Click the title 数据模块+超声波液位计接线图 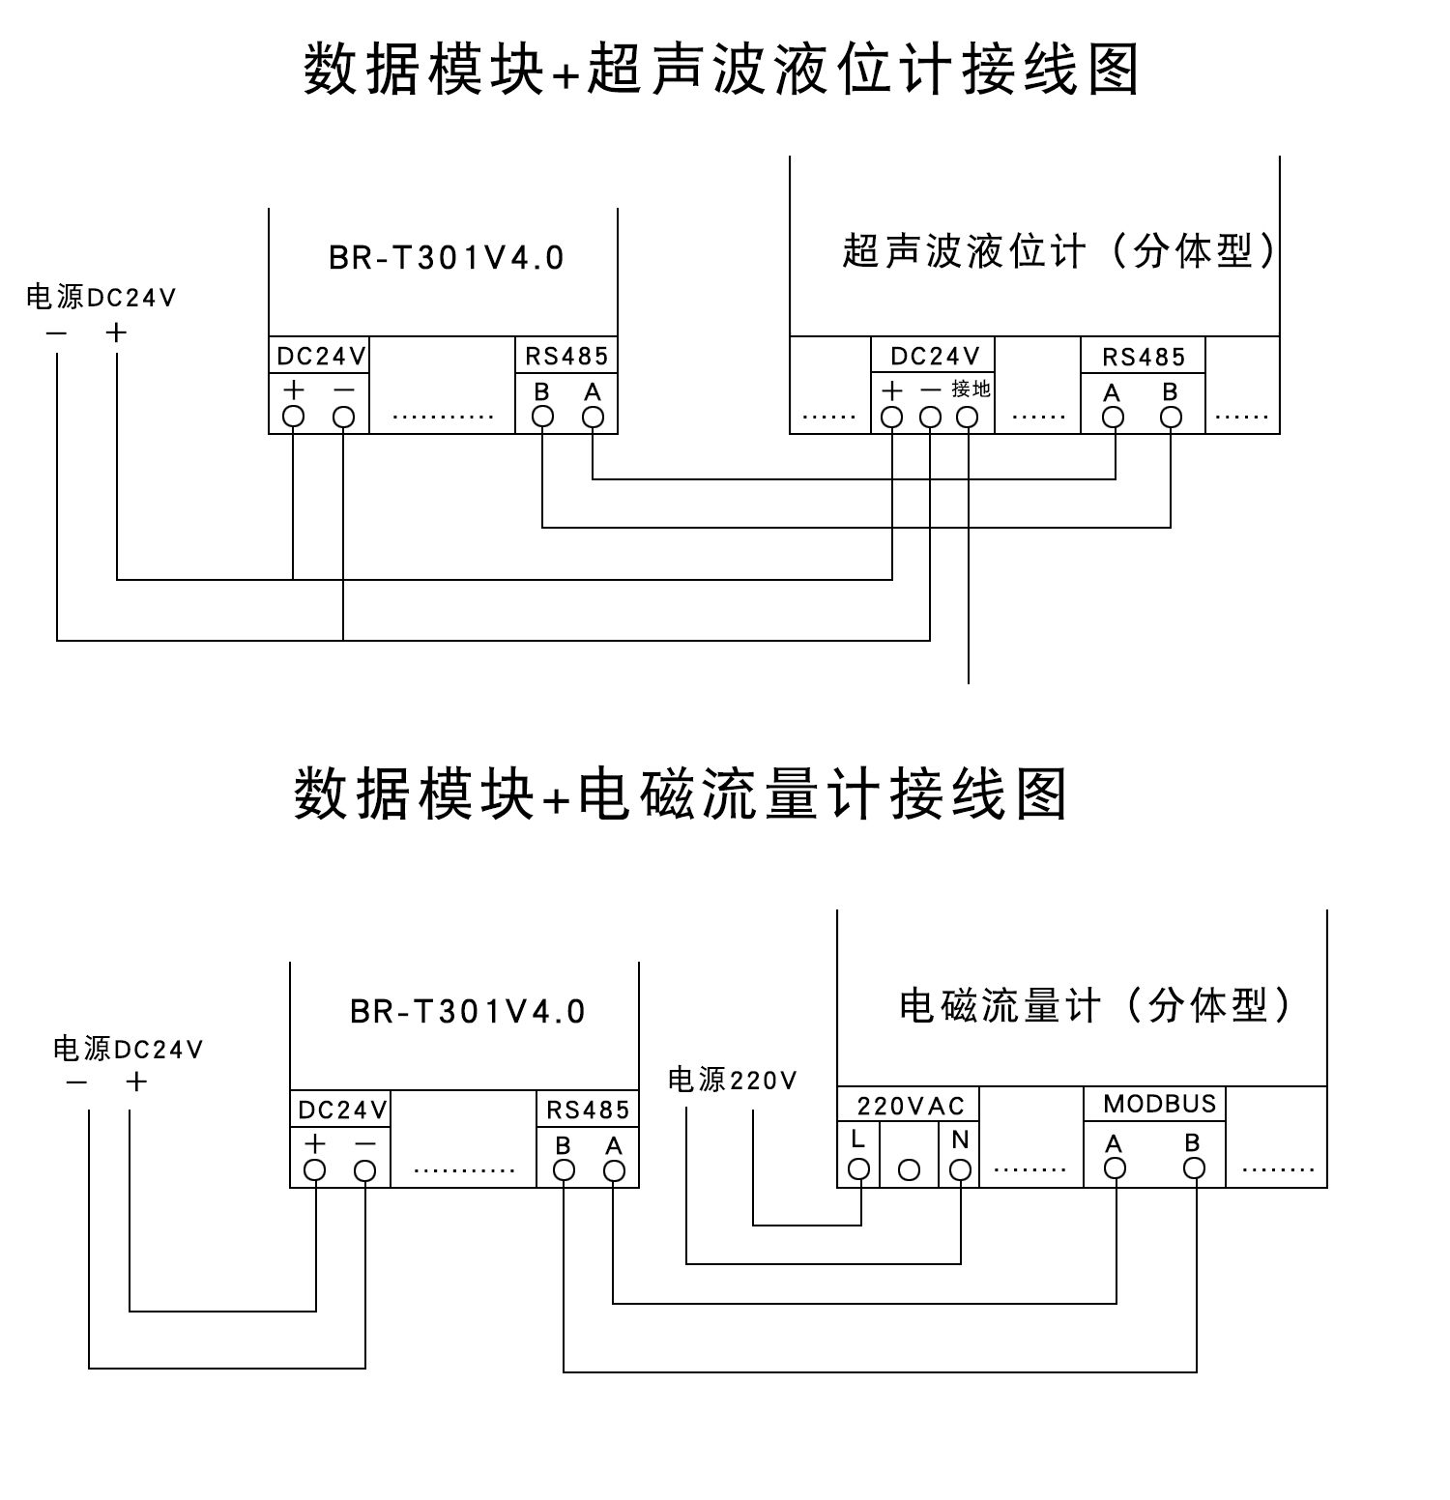point(722,70)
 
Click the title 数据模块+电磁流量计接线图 point(681,794)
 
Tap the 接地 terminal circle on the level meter point(968,418)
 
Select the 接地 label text point(971,389)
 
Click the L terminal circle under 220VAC point(858,1169)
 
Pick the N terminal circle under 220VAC point(960,1169)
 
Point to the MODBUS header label point(1159,1104)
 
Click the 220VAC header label point(911,1106)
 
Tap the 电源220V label point(733,1080)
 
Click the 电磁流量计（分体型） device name point(1096,1005)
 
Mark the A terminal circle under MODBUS point(1116,1168)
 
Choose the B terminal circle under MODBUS point(1195,1168)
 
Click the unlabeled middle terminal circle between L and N point(909,1169)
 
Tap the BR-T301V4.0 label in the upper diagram point(447,258)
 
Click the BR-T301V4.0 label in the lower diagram point(468,1012)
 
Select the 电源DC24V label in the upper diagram point(101,297)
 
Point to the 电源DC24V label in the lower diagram point(129,1049)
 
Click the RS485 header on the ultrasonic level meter point(1144,357)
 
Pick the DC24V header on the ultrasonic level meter point(935,356)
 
